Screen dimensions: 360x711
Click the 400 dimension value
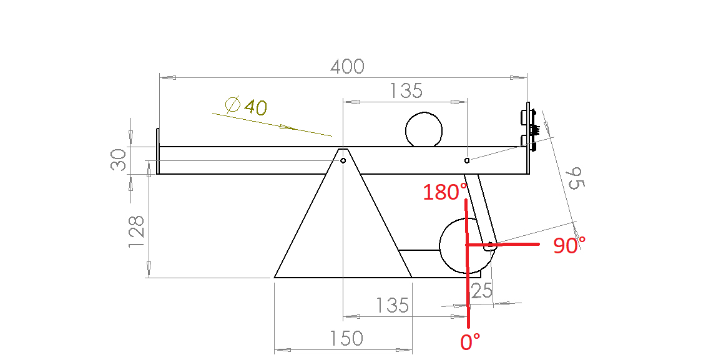[x=346, y=66]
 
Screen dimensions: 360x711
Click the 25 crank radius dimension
[x=481, y=291]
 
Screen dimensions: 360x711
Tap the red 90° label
[x=569, y=246]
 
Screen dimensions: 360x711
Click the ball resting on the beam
[x=424, y=130]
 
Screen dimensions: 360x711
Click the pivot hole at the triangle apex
[x=343, y=160]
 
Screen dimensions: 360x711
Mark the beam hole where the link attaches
[x=467, y=160]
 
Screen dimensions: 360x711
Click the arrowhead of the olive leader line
[x=287, y=127]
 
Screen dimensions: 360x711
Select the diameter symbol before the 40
[x=232, y=105]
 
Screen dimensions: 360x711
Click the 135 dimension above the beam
[x=406, y=91]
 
